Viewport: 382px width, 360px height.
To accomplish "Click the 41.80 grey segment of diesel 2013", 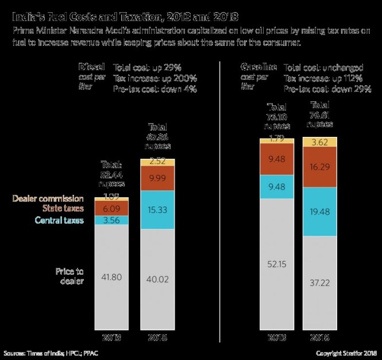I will tap(111, 276).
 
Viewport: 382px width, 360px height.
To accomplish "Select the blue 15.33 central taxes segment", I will tap(157, 210).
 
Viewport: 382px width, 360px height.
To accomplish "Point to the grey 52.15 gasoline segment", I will tap(276, 264).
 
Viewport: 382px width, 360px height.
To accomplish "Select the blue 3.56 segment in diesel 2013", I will tap(111, 220).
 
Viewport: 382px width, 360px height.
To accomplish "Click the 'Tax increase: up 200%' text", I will tap(155, 78).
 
